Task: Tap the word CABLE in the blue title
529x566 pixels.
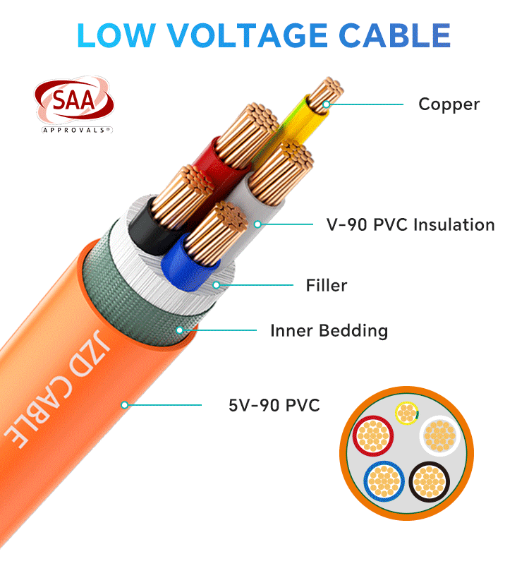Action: click(395, 35)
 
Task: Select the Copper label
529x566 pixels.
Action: click(449, 104)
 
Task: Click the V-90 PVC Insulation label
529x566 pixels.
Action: click(411, 224)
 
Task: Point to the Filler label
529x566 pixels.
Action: click(326, 285)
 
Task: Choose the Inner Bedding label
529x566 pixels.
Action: click(329, 331)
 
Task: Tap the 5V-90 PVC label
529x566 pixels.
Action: click(274, 405)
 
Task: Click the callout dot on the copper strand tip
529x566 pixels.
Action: click(326, 104)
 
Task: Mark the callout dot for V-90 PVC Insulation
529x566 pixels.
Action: click(257, 224)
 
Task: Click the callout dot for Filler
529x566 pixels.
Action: click(216, 285)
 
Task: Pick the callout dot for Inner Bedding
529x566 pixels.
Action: click(180, 330)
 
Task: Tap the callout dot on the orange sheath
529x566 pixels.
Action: click(125, 405)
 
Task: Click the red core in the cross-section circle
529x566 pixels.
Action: click(373, 436)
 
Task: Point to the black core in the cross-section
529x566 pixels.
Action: click(430, 481)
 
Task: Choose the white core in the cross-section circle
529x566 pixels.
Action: click(439, 436)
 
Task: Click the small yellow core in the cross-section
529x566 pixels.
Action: click(407, 413)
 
